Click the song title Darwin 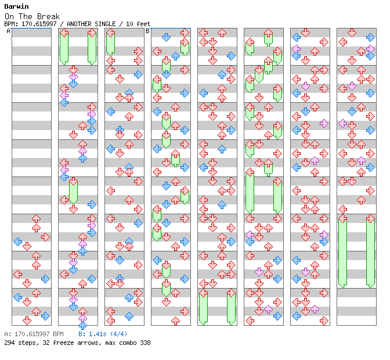point(17,7)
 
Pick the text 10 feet point(139,24)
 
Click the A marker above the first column point(9,31)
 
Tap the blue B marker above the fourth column point(147,31)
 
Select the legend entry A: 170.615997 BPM point(33,334)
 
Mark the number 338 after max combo point(145,343)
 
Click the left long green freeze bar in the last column point(342,251)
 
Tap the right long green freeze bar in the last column point(370,251)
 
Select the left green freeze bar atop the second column point(64,48)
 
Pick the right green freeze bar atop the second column point(92,48)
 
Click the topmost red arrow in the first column point(36,218)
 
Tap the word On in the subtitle point(9,16)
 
